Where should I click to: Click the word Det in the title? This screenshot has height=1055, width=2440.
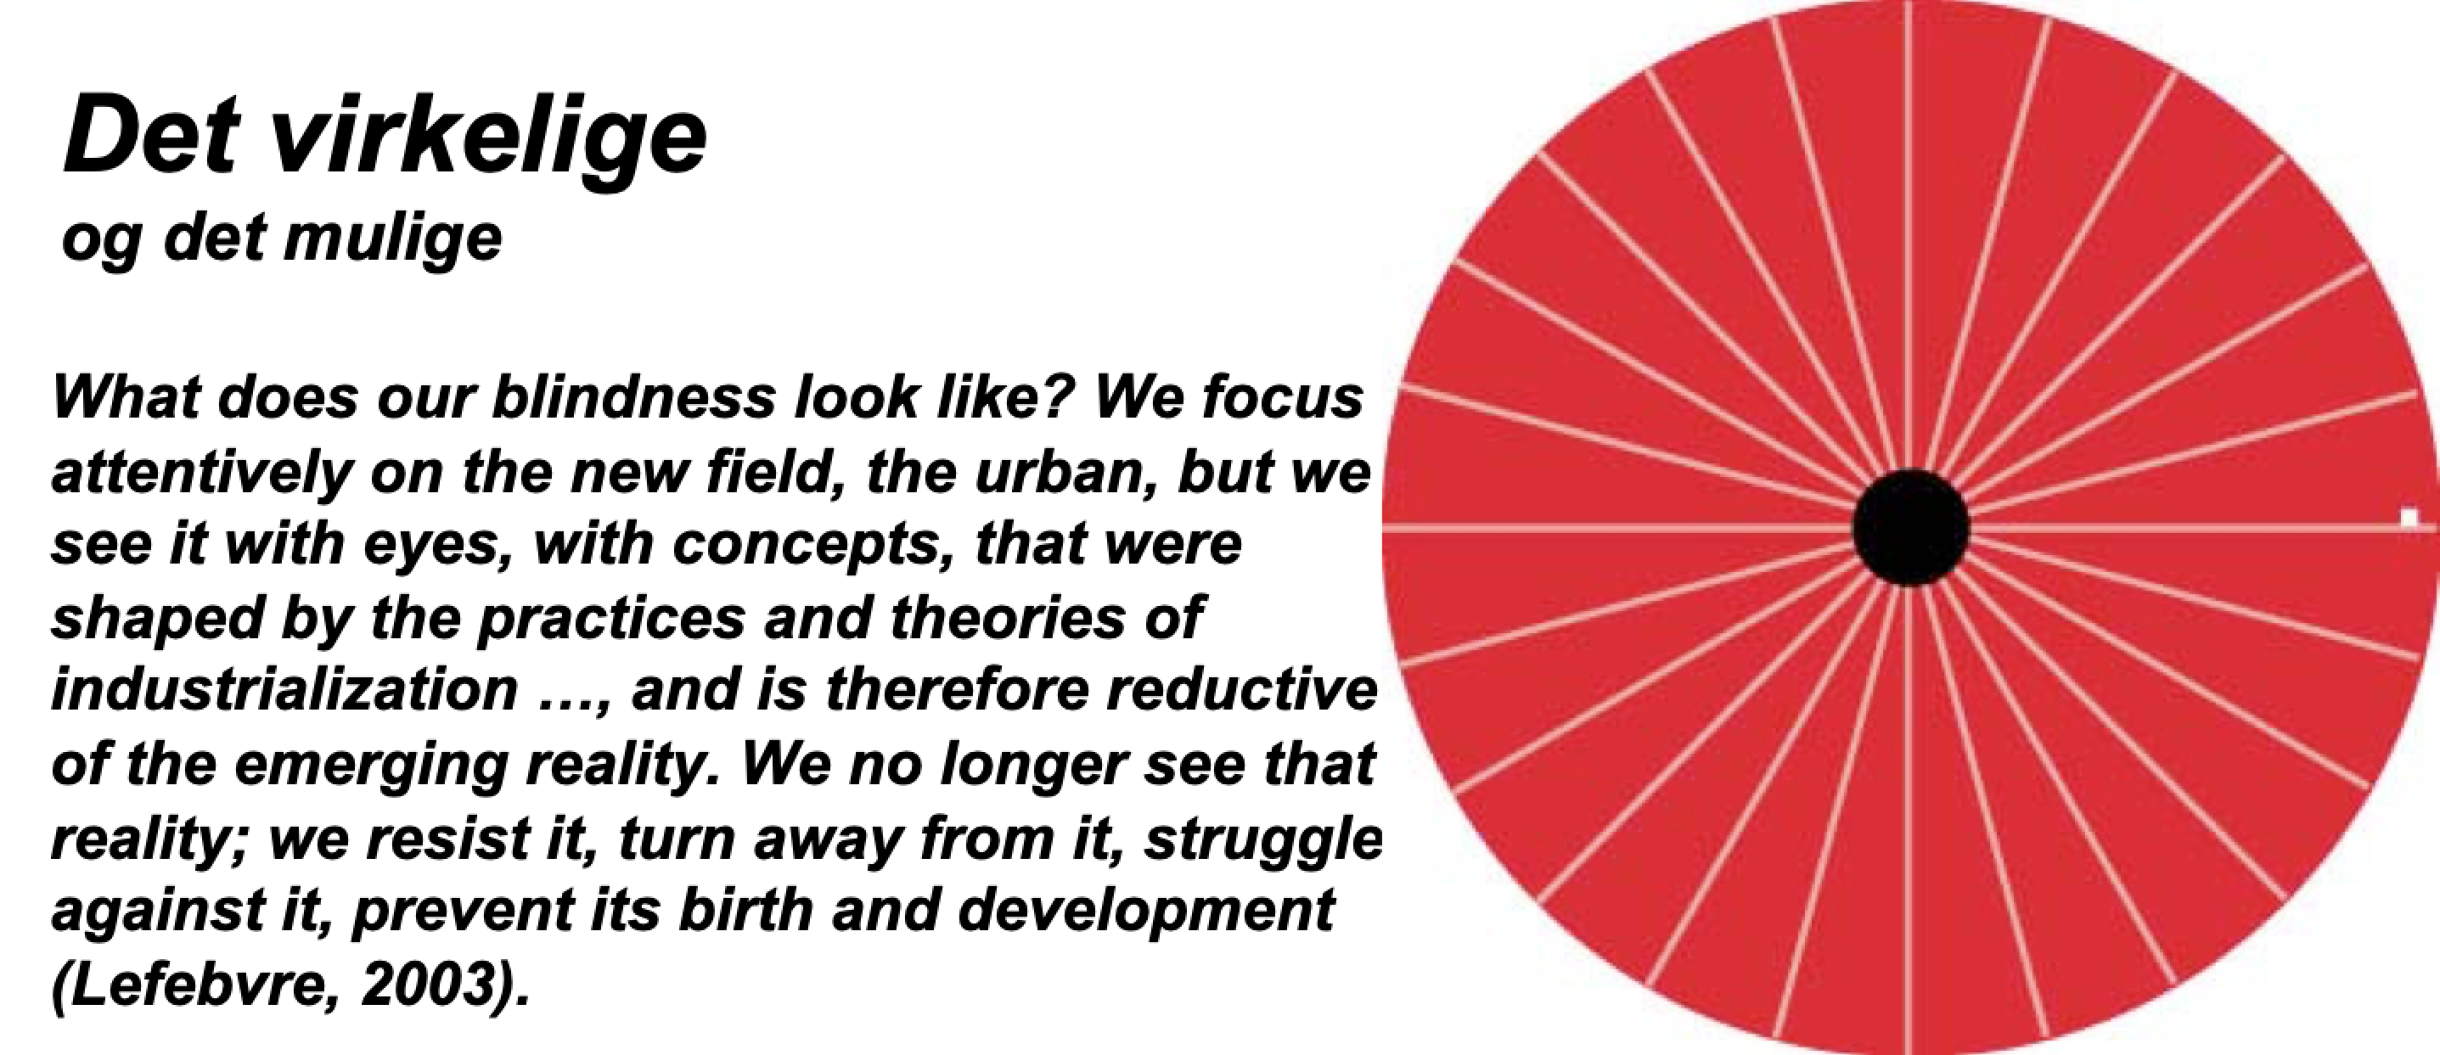(x=150, y=137)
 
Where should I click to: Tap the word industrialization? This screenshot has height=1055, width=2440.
(x=284, y=690)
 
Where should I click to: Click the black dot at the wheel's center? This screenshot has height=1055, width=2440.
(x=1910, y=526)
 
